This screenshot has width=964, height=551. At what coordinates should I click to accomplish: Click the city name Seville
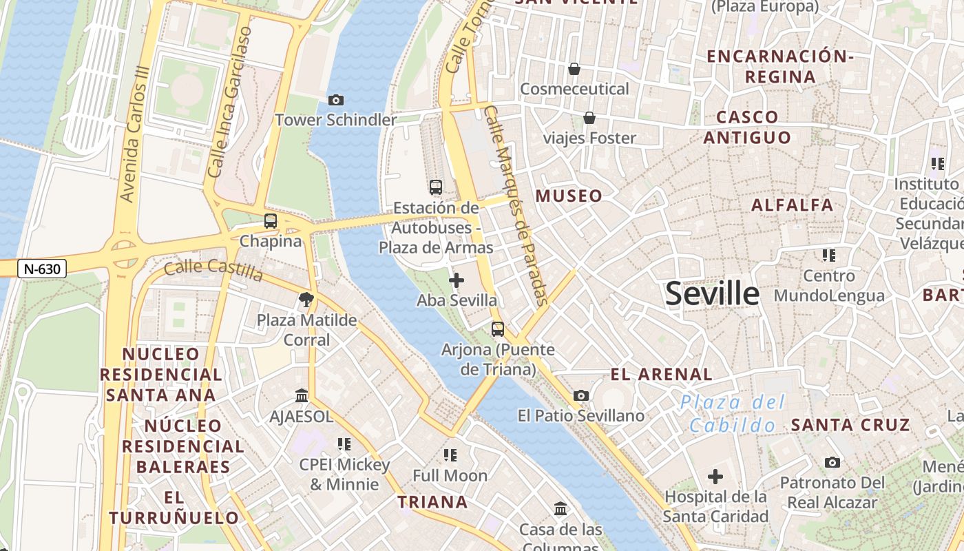[x=712, y=294]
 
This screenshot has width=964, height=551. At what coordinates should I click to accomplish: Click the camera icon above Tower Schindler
[x=336, y=101]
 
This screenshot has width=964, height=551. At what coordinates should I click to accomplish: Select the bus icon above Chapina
[x=271, y=221]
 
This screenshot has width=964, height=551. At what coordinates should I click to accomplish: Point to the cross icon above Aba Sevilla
[x=456, y=280]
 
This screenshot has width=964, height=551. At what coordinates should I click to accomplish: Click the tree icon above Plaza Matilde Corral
[x=306, y=300]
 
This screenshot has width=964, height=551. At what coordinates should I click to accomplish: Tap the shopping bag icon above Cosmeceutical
[x=574, y=69]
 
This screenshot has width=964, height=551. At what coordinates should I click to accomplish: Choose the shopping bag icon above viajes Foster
[x=589, y=118]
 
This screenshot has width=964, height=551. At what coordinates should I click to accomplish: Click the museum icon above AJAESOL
[x=302, y=396]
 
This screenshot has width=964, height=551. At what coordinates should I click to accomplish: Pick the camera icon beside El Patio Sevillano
[x=581, y=396]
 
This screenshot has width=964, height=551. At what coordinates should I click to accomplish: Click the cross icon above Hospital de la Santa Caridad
[x=715, y=476]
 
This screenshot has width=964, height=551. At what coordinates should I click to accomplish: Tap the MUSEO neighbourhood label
[x=569, y=196]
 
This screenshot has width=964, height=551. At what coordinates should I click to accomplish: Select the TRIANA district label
[x=432, y=502]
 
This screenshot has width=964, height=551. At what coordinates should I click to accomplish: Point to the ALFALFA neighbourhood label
[x=792, y=205]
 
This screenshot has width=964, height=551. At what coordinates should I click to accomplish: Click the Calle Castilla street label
[x=213, y=269]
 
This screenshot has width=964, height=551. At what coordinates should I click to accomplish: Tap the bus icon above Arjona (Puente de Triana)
[x=498, y=329]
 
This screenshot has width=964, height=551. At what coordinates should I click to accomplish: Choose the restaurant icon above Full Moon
[x=450, y=455]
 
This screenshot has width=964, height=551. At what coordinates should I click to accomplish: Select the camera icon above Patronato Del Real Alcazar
[x=832, y=462]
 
